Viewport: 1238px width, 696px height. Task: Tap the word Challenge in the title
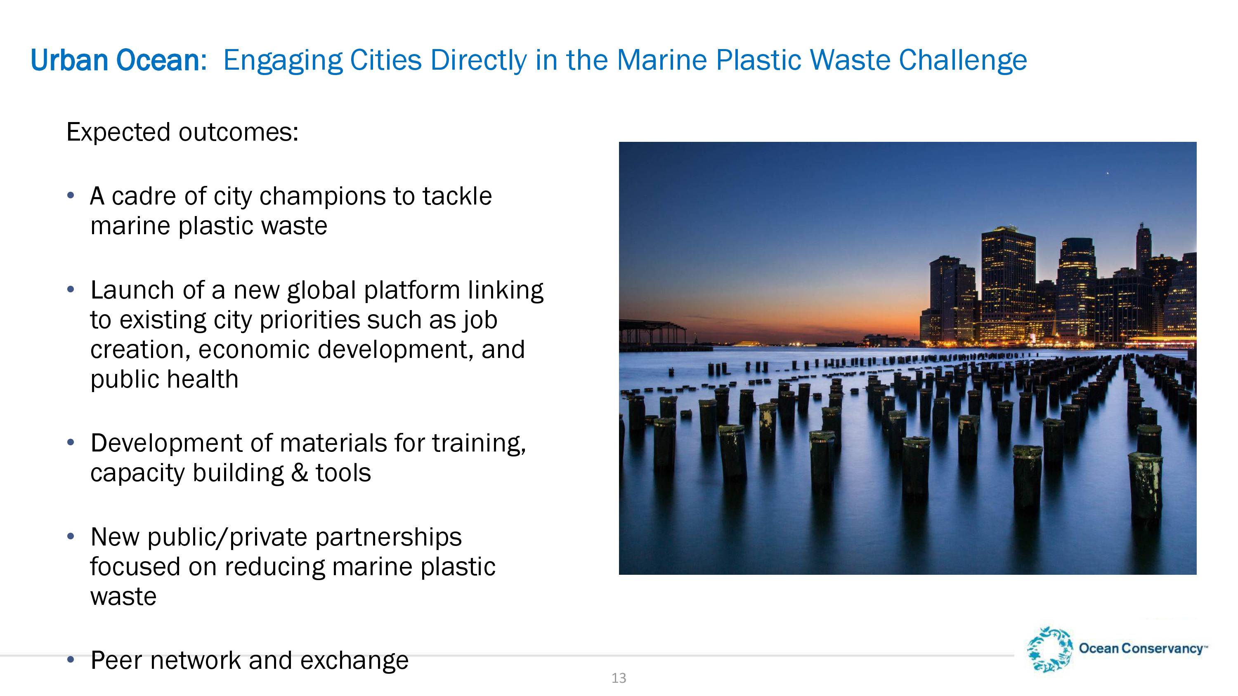tap(963, 61)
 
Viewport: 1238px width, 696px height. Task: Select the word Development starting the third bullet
tap(166, 443)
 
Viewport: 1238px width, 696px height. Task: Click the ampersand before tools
tap(300, 473)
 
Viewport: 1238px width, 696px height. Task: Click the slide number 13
tap(619, 678)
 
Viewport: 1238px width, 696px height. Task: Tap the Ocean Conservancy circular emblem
tap(1049, 649)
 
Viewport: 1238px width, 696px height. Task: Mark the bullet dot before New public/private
tap(71, 536)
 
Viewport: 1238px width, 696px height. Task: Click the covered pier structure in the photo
tap(653, 332)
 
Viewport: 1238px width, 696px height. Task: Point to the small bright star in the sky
tap(1108, 173)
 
